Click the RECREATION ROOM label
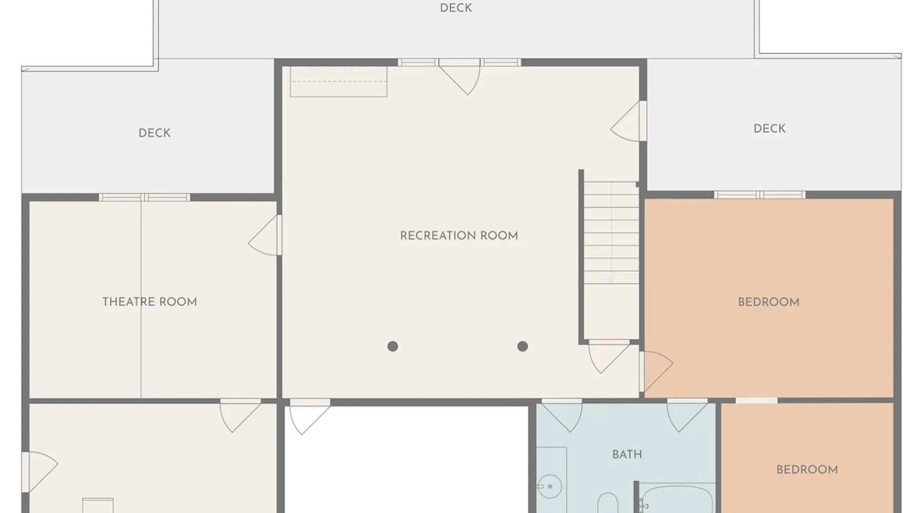point(459,236)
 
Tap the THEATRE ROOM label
point(150,302)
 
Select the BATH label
point(627,455)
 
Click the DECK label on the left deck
point(155,133)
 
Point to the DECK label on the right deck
point(769,128)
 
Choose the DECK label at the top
point(456,8)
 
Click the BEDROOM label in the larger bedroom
point(768,302)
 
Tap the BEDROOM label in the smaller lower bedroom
point(807,470)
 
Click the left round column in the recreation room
point(393,346)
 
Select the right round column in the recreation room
point(523,346)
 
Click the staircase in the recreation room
point(611,233)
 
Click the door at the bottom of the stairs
point(609,357)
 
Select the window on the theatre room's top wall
point(144,197)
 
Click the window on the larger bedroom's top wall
point(760,194)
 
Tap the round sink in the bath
point(550,486)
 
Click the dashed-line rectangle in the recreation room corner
point(338,82)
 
